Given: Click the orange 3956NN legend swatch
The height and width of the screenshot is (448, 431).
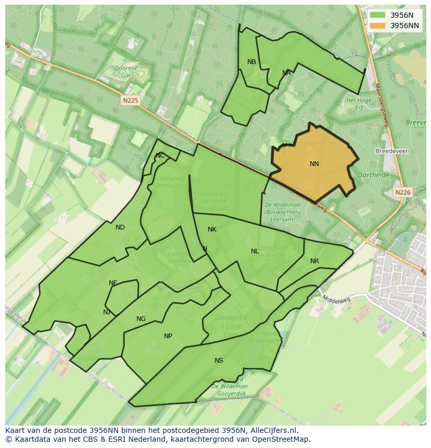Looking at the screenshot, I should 378,25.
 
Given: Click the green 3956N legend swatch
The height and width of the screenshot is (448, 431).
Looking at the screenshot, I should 378,15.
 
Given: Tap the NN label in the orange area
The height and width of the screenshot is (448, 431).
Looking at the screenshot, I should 314,164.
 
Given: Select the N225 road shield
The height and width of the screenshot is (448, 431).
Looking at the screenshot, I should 131,100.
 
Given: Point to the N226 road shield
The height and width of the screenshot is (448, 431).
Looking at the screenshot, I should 402,192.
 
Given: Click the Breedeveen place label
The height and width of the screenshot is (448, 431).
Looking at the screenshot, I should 392,151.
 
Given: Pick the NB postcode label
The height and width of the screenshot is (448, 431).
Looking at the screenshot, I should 251,62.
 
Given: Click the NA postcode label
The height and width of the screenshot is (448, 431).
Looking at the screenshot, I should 286,73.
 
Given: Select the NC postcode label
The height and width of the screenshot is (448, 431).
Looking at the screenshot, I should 160,156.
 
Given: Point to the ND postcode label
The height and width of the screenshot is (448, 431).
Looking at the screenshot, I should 120,227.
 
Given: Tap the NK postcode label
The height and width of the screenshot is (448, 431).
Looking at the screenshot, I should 212,229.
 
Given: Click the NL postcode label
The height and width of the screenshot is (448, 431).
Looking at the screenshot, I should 255,251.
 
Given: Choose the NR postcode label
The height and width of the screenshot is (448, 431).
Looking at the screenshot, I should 314,261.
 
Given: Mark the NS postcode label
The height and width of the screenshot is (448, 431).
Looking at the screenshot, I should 219,361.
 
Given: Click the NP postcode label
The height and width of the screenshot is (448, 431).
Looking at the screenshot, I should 168,336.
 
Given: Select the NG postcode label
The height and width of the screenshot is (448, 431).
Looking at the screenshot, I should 141,319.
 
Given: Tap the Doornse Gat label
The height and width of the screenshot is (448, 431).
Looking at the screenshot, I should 126,72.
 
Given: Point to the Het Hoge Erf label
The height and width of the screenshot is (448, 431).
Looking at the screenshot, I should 359,104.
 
